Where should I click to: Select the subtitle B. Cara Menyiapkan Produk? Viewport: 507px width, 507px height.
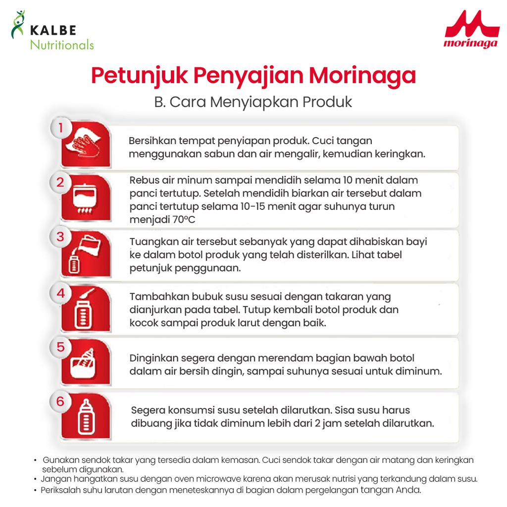253,101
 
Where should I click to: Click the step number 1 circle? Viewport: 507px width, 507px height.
60,128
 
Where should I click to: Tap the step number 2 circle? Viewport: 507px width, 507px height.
60,183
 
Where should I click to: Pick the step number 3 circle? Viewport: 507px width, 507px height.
60,237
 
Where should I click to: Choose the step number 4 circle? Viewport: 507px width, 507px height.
60,293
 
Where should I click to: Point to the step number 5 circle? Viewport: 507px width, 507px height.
60,347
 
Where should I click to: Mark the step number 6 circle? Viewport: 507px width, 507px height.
60,402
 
